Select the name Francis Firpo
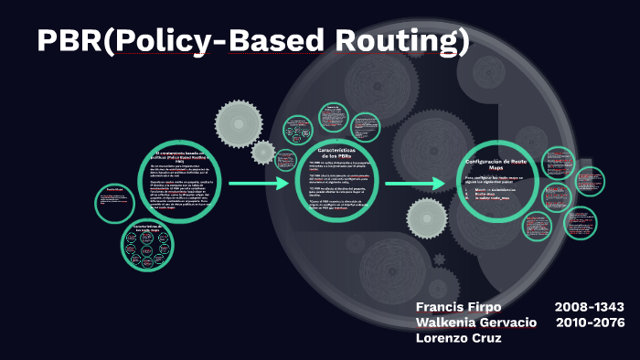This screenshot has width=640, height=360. tap(458, 306)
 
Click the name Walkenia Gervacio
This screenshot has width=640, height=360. tap(475, 323)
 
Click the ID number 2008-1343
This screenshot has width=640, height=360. tap(589, 306)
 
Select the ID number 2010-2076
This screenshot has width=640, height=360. tap(589, 323)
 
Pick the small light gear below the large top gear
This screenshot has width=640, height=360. tap(263, 152)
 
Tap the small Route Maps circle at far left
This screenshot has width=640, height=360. tap(113, 202)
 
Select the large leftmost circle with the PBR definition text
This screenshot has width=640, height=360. tap(182, 180)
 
